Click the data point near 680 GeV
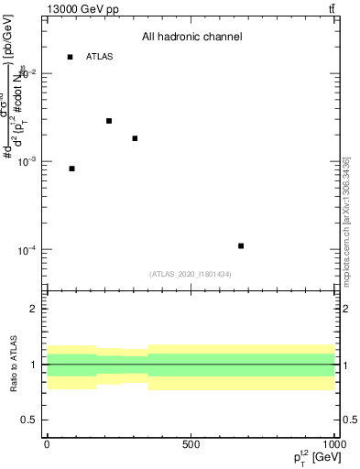[x=241, y=245]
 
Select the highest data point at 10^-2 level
[x=70, y=57]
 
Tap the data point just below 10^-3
[x=71, y=169]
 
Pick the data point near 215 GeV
[x=109, y=121]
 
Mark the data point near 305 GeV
[x=135, y=138]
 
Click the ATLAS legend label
[x=99, y=57]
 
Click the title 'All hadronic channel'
[x=191, y=37]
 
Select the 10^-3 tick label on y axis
[x=31, y=161]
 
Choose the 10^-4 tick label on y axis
[x=31, y=250]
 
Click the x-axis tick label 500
[x=190, y=443]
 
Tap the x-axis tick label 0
[x=47, y=443]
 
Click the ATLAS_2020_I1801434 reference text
[x=190, y=274]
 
